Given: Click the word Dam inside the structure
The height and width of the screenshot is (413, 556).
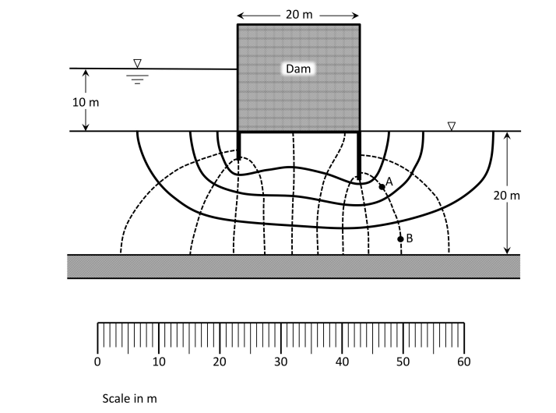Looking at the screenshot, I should pyautogui.click(x=298, y=69).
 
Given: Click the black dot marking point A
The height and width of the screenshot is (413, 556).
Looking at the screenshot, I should pyautogui.click(x=382, y=187).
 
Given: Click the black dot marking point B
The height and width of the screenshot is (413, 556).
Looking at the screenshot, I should pyautogui.click(x=401, y=239).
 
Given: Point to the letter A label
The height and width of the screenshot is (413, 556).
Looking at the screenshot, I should pyautogui.click(x=389, y=181).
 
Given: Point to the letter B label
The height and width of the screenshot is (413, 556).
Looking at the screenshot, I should pyautogui.click(x=409, y=238).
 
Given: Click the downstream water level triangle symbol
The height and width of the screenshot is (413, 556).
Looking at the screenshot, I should pyautogui.click(x=452, y=125).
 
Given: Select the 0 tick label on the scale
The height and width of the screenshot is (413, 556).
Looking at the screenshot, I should pyautogui.click(x=97, y=362).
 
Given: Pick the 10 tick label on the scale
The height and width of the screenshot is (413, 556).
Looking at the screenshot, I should pyautogui.click(x=159, y=362).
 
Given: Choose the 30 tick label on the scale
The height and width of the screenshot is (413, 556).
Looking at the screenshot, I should pyautogui.click(x=281, y=362).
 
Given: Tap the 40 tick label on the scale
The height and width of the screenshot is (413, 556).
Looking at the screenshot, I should pyautogui.click(x=343, y=362).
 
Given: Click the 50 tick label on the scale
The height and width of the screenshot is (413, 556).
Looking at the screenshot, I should pyautogui.click(x=403, y=362).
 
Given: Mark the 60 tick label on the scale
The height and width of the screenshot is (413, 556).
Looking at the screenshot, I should pyautogui.click(x=464, y=362).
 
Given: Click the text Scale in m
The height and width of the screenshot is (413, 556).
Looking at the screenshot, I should pyautogui.click(x=130, y=398).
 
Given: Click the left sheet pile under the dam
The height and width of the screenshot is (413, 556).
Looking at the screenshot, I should pyautogui.click(x=238, y=146).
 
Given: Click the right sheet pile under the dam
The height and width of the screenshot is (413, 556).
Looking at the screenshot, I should pyautogui.click(x=359, y=154).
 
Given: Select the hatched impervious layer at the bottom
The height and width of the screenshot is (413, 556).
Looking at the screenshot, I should pyautogui.click(x=293, y=266).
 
